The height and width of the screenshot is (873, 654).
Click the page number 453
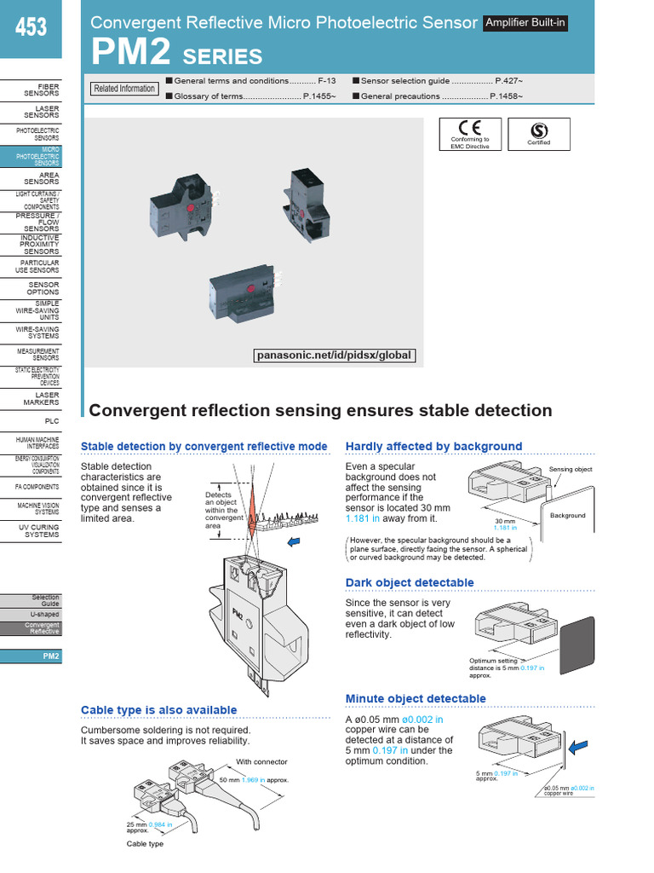(x=31, y=29)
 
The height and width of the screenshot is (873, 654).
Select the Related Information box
(x=124, y=89)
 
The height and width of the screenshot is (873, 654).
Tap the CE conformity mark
(x=470, y=134)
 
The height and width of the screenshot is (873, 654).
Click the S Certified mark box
(x=538, y=134)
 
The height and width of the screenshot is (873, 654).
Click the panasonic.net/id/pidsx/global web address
(x=334, y=356)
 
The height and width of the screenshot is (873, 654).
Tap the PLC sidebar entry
(x=51, y=421)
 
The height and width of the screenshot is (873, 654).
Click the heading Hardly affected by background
(x=433, y=446)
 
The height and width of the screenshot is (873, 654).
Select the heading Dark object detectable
(x=410, y=583)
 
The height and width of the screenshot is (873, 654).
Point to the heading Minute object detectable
(x=416, y=699)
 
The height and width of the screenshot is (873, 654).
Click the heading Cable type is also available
(x=158, y=710)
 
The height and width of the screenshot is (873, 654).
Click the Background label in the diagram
(x=567, y=516)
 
